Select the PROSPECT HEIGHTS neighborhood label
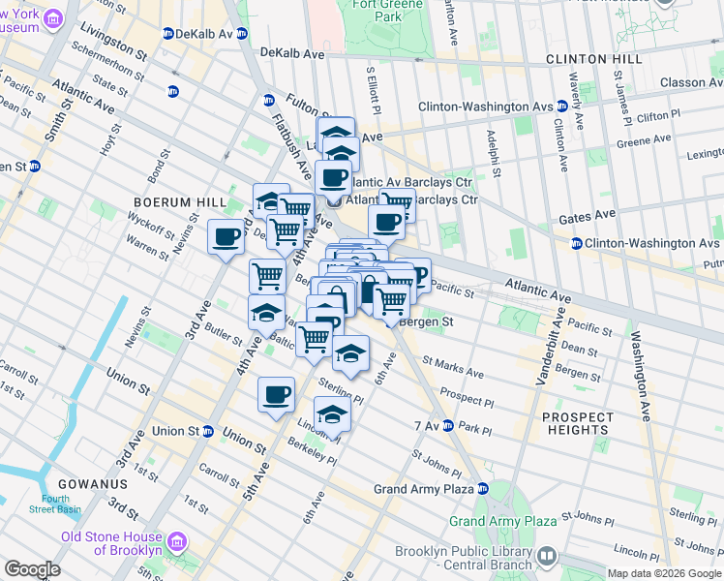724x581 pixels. point(577,423)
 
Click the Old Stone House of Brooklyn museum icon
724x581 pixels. point(176,539)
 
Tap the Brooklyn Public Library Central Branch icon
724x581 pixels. point(547,556)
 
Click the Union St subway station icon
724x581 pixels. point(207,431)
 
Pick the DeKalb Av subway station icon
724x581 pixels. point(168,33)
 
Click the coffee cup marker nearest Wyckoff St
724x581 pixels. point(226,236)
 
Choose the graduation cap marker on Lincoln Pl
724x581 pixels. point(332,414)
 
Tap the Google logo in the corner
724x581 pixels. point(32,569)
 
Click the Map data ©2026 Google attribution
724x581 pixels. point(664,573)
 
